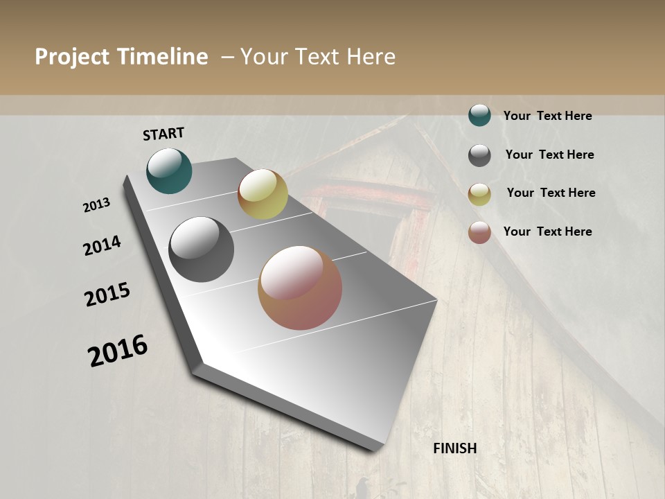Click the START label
point(163,133)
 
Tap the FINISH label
point(454,448)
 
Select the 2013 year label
point(96,205)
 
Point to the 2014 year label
point(102,246)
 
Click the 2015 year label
point(107,295)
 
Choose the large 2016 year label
point(118,351)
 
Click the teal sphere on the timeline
point(169,171)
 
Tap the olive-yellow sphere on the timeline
point(263,194)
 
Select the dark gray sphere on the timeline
point(201,249)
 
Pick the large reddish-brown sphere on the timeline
point(300,288)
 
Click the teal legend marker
point(479,115)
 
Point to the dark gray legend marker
point(479,155)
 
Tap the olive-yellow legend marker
point(479,194)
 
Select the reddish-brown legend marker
point(479,232)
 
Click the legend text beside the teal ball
point(547,116)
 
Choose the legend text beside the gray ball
point(549,155)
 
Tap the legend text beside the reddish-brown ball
point(547,231)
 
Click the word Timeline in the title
point(162,57)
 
